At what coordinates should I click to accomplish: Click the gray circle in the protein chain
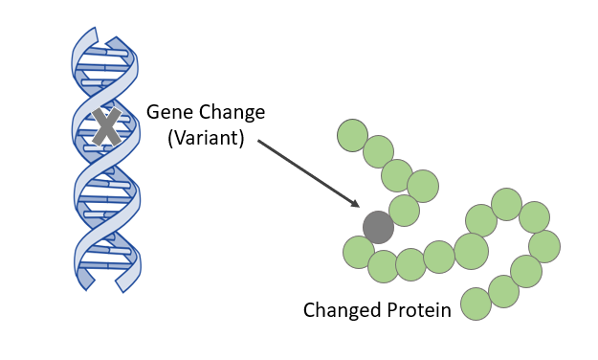(x=379, y=227)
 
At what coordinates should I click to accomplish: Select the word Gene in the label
(x=166, y=113)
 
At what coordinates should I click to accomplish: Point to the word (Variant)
(x=206, y=138)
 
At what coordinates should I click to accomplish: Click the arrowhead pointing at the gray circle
(x=356, y=204)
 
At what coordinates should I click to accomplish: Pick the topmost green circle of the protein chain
(x=353, y=135)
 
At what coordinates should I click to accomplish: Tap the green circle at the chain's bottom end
(x=476, y=304)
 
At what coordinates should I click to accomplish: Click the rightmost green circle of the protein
(x=544, y=246)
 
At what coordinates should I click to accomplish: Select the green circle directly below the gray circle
(x=359, y=252)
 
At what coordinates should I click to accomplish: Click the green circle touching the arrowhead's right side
(x=404, y=211)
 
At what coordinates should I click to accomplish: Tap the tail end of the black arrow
(x=258, y=142)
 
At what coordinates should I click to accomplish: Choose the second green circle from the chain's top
(x=378, y=151)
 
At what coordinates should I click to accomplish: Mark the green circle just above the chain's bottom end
(x=503, y=290)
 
